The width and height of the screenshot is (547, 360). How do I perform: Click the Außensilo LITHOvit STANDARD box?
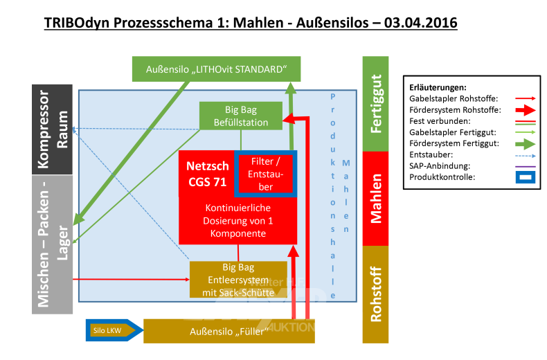pos(217,69)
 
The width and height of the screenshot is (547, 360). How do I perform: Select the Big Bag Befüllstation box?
pos(242,116)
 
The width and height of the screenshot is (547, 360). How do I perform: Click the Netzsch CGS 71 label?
pos(207,174)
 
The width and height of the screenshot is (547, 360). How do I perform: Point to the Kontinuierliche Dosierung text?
pos(237,220)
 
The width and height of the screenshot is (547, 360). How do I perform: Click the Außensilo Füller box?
pos(228,331)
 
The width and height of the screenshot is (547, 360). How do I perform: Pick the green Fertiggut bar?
pos(377,104)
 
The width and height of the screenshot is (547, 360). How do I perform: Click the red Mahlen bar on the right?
pos(377,198)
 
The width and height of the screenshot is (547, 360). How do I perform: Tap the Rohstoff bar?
pos(377,294)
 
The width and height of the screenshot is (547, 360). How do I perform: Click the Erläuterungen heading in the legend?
pos(438,88)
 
